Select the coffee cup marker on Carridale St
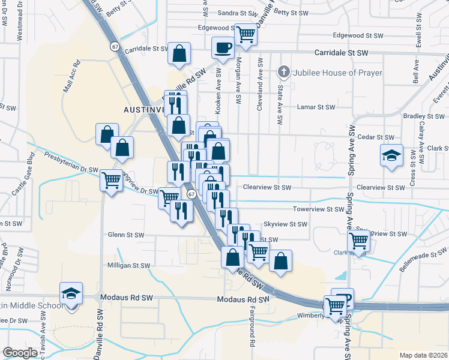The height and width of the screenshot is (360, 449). pos(223,47)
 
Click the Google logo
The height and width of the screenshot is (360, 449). pos(20,353)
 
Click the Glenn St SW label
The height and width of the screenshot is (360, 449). pos(126,235)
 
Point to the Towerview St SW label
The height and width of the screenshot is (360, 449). pos(318,209)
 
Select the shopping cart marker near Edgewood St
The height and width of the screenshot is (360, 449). pos(245,34)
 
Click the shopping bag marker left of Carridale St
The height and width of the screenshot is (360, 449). pos(179,53)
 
